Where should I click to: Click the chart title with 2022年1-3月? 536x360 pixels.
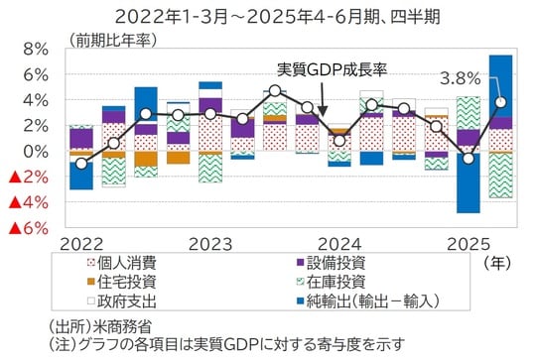tap(267, 16)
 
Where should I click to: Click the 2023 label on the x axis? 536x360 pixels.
tap(209, 244)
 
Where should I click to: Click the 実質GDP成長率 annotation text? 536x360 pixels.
tap(334, 70)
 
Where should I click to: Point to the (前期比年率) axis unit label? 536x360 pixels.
tap(112, 40)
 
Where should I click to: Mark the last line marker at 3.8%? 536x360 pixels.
tap(500, 102)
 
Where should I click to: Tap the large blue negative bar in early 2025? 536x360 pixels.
tap(468, 182)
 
